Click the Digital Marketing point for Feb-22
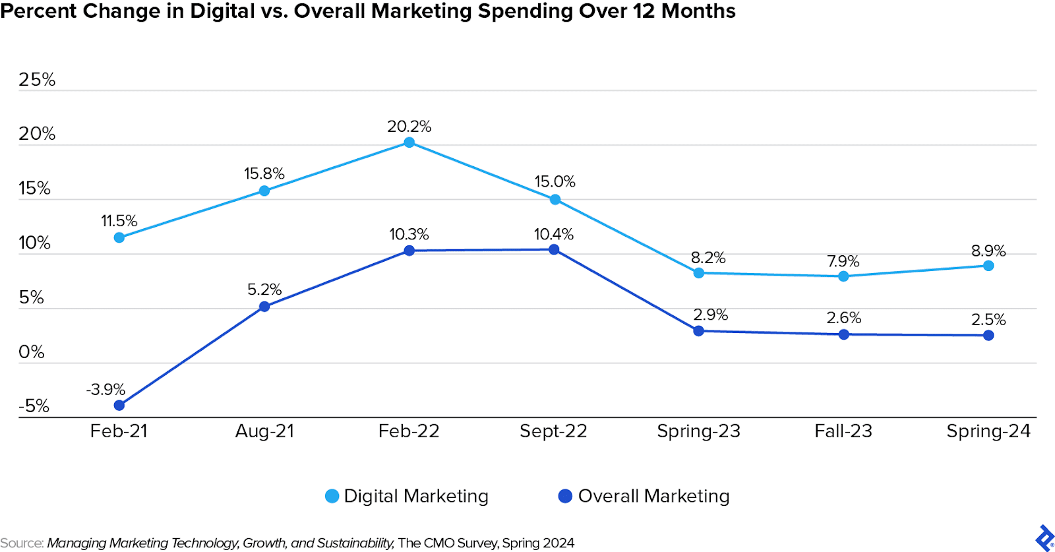409,142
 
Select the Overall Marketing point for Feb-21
119,405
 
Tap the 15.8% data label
264,173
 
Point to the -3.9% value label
105,389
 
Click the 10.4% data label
554,234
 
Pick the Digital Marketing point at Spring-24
988,266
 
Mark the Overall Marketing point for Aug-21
264,306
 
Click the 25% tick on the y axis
37,80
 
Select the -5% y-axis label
34,406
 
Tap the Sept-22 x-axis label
553,431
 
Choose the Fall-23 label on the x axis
843,431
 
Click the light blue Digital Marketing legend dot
332,496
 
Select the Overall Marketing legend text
653,496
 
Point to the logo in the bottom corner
1044,537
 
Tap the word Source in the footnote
22,543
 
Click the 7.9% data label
843,261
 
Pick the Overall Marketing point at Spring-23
699,330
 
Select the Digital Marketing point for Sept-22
555,199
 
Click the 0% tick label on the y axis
32,352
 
